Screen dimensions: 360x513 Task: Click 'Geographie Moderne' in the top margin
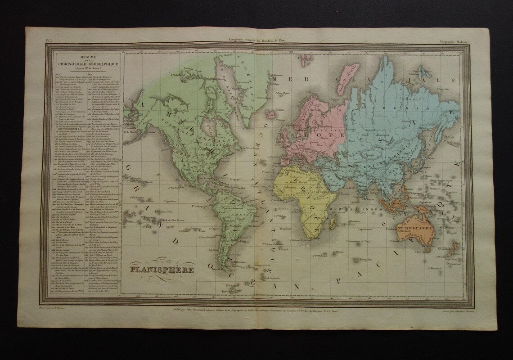(x=454, y=41)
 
